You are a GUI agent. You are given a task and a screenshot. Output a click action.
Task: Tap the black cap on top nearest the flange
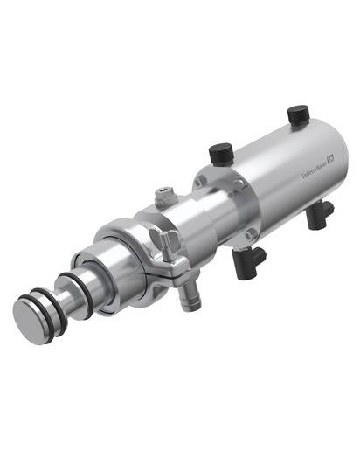tap(218, 156)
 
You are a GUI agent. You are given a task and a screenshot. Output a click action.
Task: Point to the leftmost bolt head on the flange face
tap(200, 182)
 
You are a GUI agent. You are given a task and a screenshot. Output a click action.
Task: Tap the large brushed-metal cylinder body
tap(280, 175)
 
